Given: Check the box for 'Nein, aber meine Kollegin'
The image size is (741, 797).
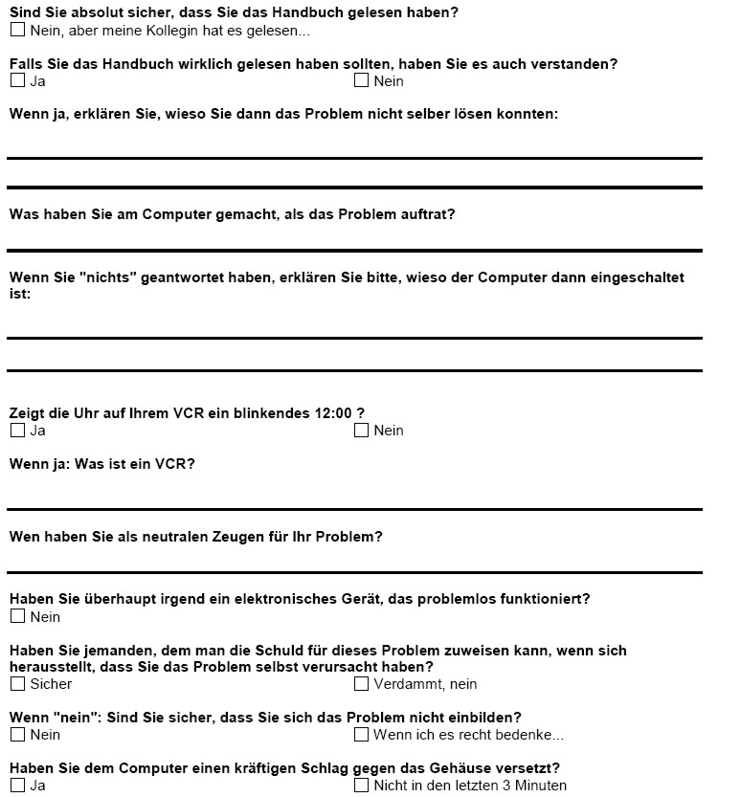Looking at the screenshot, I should point(17,30).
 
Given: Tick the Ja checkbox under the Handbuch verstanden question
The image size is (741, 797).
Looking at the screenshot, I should point(17,80).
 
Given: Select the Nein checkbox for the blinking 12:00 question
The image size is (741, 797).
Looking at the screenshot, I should point(361,431).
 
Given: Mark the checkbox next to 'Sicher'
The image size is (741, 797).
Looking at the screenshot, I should point(17,684).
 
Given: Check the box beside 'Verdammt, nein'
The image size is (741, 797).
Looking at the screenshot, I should point(361,684).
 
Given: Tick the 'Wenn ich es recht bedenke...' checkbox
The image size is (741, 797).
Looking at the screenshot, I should point(361,735).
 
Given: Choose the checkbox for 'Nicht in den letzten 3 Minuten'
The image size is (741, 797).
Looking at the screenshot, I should point(361,786).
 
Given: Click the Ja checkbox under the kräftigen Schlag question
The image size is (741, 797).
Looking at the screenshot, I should point(17,786).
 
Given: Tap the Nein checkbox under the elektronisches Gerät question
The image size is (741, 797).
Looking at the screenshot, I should point(17,617).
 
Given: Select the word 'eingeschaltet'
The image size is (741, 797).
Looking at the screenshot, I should point(639,277).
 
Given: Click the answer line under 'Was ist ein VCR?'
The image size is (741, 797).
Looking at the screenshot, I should point(354,509).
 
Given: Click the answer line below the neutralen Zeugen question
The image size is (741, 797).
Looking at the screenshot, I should point(354,572).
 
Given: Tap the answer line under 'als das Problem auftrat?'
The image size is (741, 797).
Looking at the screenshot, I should point(354,251).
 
